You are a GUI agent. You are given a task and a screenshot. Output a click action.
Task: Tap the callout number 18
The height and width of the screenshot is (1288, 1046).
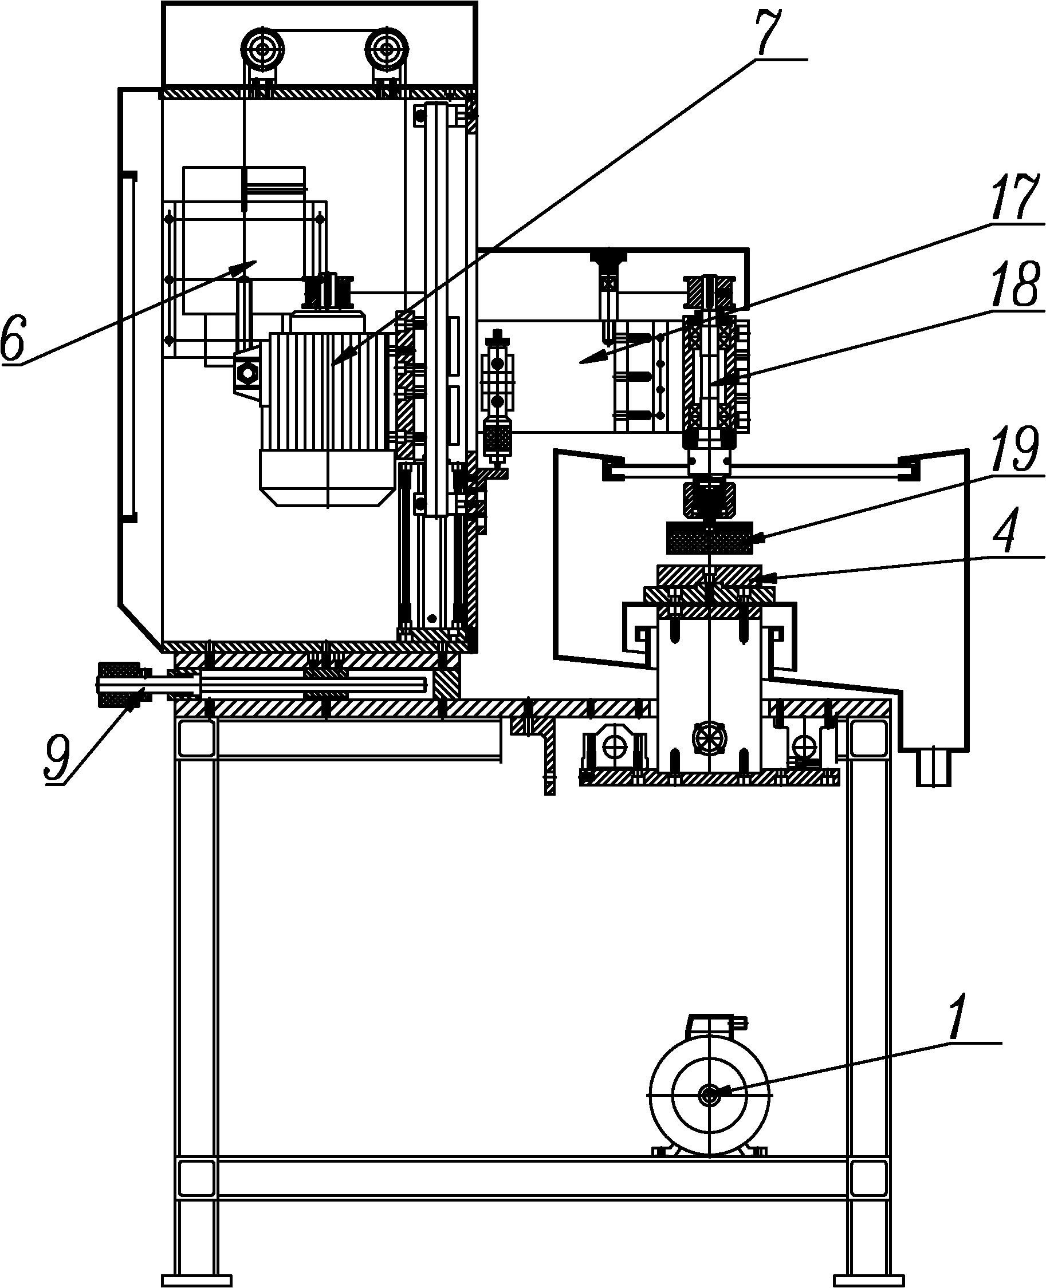(1014, 284)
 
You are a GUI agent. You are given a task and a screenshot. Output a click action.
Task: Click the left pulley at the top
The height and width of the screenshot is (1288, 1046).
(263, 54)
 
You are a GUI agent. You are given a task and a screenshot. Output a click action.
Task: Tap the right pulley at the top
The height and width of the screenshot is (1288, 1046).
(387, 54)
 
